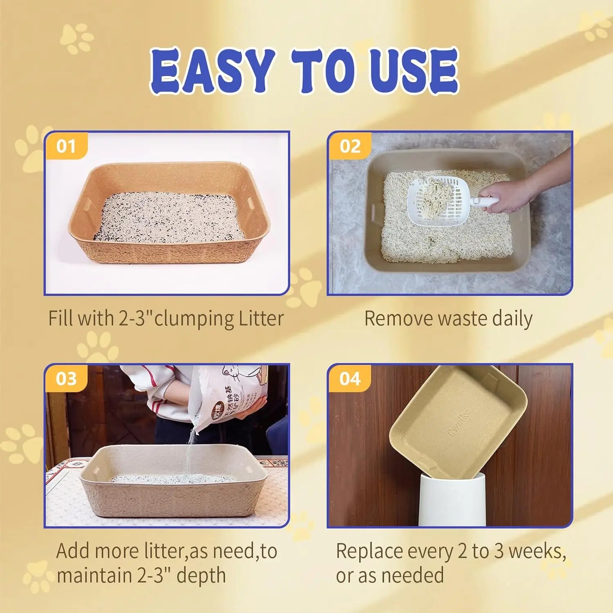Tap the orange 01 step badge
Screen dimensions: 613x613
pos(66,146)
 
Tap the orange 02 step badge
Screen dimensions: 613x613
pos(350,146)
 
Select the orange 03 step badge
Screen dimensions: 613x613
pos(66,378)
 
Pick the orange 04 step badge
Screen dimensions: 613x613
pos(350,378)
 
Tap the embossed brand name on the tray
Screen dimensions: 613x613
pos(460,423)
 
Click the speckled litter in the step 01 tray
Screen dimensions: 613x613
pos(168,217)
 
